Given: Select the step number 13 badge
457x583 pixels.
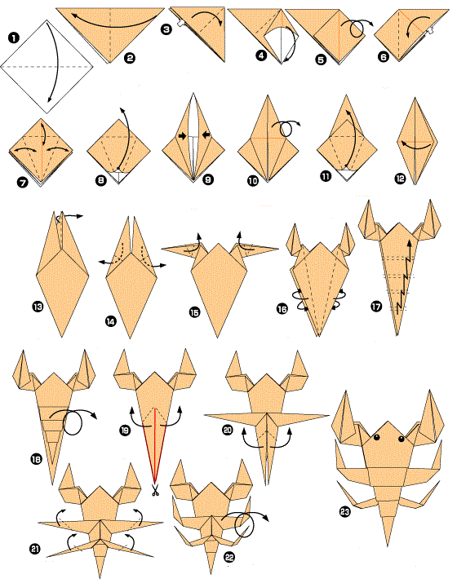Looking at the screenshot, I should (x=38, y=307).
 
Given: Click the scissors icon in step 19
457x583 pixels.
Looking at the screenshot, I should (x=153, y=490).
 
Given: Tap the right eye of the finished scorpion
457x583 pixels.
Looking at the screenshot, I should (x=402, y=439).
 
